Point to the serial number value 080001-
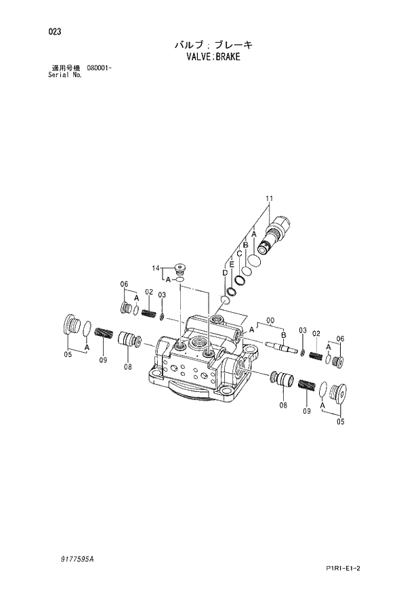coord(99,68)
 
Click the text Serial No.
coord(65,75)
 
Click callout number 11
coord(269,198)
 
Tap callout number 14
coord(155,269)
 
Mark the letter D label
coord(225,272)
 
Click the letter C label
coord(239,254)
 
